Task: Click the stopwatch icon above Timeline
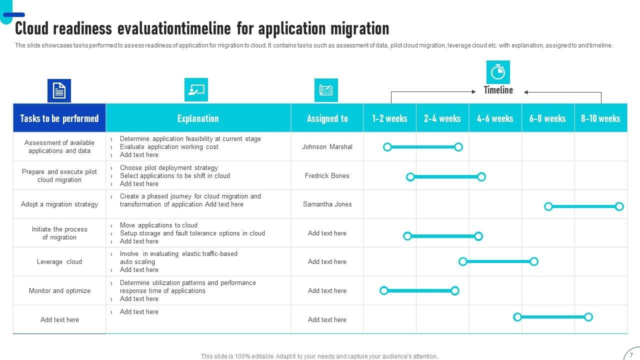[498, 72]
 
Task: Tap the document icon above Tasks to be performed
[59, 90]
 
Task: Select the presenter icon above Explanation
[196, 90]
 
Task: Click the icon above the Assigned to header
[326, 90]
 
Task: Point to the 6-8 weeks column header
[547, 118]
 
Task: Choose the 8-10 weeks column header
[600, 118]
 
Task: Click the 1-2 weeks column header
[389, 118]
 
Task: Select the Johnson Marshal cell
[327, 147]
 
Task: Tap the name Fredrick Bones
[327, 176]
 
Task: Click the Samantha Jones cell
[327, 204]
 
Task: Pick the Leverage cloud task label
[59, 262]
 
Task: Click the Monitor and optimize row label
[59, 291]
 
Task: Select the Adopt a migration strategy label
[59, 204]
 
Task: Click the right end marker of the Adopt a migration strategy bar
[619, 206]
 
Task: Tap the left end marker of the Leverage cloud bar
[463, 261]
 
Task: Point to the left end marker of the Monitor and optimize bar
[384, 290]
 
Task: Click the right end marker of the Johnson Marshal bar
[458, 147]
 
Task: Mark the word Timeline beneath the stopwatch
[498, 90]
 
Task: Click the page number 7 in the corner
[631, 355]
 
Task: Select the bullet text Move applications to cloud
[158, 225]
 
